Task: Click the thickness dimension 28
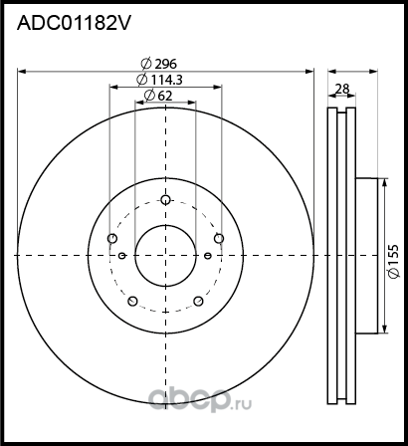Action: (342, 89)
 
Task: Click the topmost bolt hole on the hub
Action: (165, 197)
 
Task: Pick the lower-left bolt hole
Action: (132, 300)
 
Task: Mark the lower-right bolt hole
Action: (198, 300)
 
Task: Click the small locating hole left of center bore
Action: (121, 257)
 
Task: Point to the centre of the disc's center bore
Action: (165, 257)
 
